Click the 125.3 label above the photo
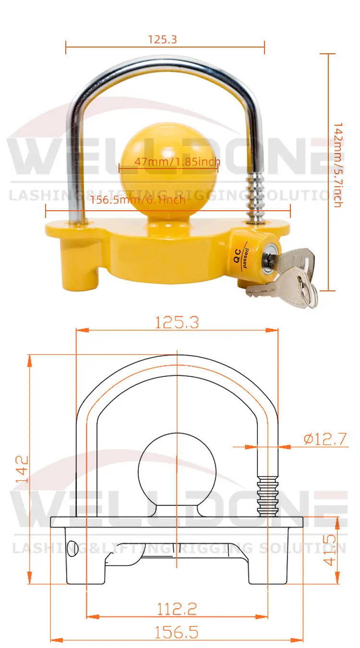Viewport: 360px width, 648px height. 162,39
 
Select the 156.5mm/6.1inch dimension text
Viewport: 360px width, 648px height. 138,200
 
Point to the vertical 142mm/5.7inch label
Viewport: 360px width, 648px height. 337,165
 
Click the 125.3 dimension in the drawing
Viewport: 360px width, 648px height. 177,323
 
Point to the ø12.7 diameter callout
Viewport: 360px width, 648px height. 325,439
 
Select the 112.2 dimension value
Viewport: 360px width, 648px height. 177,609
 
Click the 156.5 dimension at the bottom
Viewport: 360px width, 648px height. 176,632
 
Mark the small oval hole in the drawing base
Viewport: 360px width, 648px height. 73,548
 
